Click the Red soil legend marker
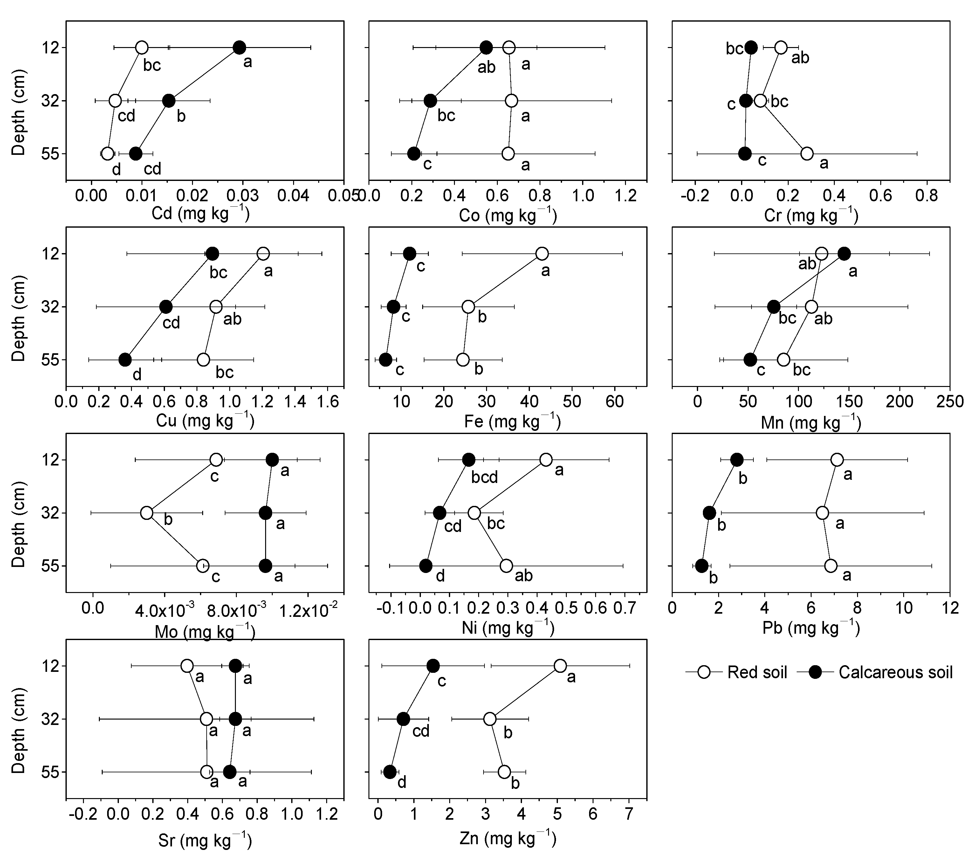click(x=704, y=672)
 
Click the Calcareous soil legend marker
click(x=816, y=672)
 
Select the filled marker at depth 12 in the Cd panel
click(x=239, y=48)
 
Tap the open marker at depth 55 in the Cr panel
click(x=807, y=154)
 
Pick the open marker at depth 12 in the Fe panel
click(x=542, y=253)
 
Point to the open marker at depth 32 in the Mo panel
click(x=147, y=513)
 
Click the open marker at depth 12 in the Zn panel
click(x=560, y=665)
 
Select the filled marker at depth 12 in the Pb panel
click(x=737, y=460)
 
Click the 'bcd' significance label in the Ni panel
click(x=484, y=478)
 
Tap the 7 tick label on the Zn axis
click(x=629, y=814)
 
